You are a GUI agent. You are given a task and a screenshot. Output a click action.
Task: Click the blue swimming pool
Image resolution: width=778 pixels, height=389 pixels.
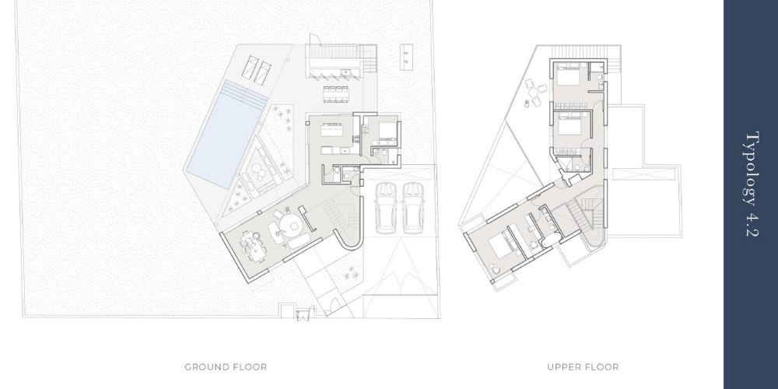pyautogui.click(x=226, y=134)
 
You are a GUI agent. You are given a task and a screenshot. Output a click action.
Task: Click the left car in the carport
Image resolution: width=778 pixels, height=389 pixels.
pyautogui.click(x=385, y=208)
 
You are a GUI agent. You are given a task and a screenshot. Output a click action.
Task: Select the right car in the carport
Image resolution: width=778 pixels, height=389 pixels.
pyautogui.click(x=413, y=208)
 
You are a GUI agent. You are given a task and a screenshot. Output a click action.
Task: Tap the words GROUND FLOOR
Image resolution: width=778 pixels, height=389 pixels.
pyautogui.click(x=226, y=367)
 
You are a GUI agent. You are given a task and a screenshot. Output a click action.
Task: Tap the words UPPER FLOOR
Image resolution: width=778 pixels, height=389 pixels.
pyautogui.click(x=583, y=367)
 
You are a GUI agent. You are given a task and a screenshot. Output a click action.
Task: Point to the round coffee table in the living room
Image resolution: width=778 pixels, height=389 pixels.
pyautogui.click(x=289, y=226)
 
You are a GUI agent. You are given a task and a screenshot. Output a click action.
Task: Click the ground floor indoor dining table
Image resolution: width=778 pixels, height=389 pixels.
pyautogui.click(x=251, y=246)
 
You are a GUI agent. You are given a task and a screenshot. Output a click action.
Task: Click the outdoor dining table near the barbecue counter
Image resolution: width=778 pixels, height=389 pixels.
pyautogui.click(x=335, y=94)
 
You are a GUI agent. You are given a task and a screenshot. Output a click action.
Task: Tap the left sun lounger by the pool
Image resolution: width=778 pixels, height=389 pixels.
pyautogui.click(x=250, y=68)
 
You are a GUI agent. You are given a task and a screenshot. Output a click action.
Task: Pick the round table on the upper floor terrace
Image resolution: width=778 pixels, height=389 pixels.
pyautogui.click(x=534, y=93)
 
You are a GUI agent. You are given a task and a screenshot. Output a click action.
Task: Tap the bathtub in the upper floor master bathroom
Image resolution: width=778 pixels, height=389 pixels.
pyautogui.click(x=549, y=241)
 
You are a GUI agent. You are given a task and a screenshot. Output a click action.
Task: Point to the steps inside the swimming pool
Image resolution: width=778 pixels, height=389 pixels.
pyautogui.click(x=244, y=94)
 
